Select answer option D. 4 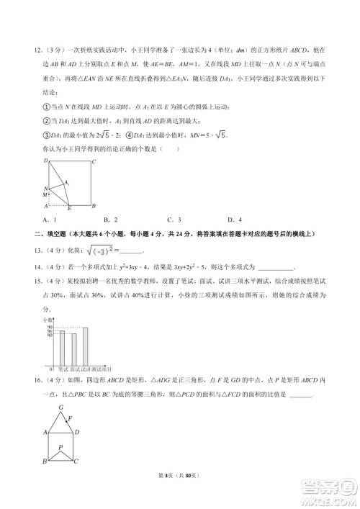tap(233, 220)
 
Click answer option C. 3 tap(174, 220)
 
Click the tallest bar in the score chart tap(85, 346)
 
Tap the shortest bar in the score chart tap(73, 350)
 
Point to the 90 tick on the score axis tap(49, 328)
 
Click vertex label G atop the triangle tap(61, 407)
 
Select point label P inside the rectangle tap(61, 447)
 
